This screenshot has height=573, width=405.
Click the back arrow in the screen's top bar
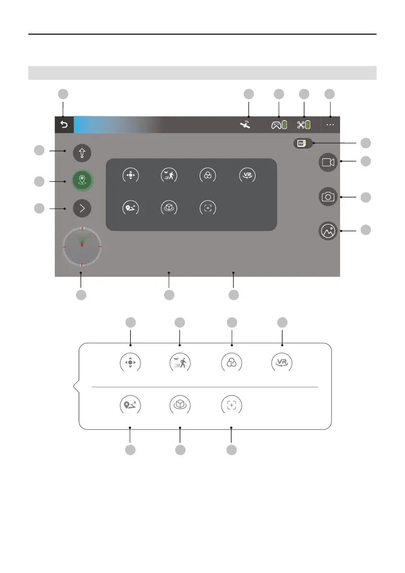click(64, 125)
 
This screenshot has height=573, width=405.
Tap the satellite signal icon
click(246, 125)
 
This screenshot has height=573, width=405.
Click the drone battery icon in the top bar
click(304, 125)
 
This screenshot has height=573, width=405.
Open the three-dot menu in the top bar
click(330, 125)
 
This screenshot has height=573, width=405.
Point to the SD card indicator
click(303, 143)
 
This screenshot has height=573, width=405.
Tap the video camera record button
click(328, 163)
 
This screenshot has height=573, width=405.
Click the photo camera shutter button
click(328, 196)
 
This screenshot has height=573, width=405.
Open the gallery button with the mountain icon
click(328, 231)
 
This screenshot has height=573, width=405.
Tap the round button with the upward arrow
click(82, 153)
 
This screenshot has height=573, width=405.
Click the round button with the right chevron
click(82, 208)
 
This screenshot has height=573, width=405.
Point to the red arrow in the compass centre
click(82, 244)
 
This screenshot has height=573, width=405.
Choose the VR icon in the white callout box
click(282, 363)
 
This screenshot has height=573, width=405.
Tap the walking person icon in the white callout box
click(180, 363)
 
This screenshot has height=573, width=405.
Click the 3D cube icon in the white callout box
click(180, 405)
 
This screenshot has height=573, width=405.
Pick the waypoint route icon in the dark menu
click(129, 209)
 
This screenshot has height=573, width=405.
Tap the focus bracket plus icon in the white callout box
click(231, 405)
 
